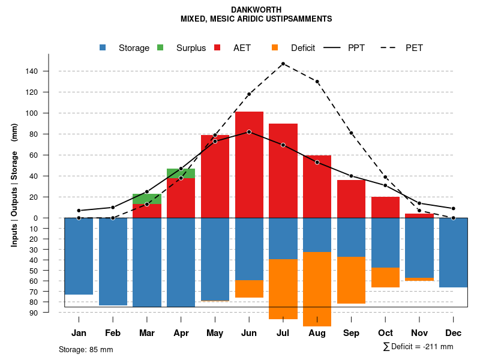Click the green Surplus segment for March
(x=147, y=199)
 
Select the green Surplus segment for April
(x=181, y=173)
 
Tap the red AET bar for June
(x=249, y=164)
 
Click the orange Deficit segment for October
(x=385, y=277)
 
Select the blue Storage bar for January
(x=79, y=256)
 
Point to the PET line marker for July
(x=283, y=64)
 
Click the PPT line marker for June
(x=249, y=132)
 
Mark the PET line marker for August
(x=317, y=82)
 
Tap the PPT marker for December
(x=454, y=208)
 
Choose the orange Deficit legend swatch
(x=275, y=48)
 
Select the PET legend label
(x=414, y=48)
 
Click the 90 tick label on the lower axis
(x=34, y=313)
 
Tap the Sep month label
(x=351, y=333)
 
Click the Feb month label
(x=113, y=333)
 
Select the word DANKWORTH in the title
(x=256, y=10)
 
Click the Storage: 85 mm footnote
(x=86, y=349)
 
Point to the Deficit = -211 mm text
(x=418, y=347)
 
